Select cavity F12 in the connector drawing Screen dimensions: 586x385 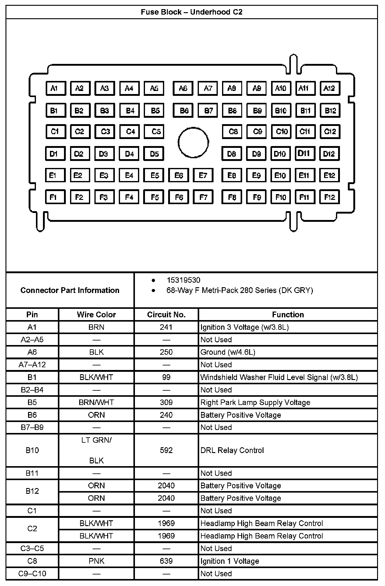coord(329,197)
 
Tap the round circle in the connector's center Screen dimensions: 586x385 coord(193,142)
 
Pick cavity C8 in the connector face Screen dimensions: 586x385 coord(232,131)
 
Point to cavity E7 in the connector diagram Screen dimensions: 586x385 coord(203,175)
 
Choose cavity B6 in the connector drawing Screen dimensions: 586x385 coord(183,110)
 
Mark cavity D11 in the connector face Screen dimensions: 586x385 coord(305,153)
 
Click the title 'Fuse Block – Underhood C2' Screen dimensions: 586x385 coord(192,12)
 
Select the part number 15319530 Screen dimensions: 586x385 coord(183,280)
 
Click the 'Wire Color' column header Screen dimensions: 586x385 coord(96,315)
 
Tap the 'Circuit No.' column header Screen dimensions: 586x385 coord(166,315)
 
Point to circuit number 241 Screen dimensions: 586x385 coord(166,327)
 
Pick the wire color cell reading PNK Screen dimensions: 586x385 coord(96,561)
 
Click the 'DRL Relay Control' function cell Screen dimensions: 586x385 coord(232,450)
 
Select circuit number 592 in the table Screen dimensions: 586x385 coord(166,450)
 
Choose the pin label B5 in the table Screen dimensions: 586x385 coord(32,402)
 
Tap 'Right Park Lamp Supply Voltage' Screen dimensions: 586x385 coord(255,402)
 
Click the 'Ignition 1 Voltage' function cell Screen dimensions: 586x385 coord(230,561)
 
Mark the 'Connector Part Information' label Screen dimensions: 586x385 coord(70,290)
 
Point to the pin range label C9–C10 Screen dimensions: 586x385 coord(32,574)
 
